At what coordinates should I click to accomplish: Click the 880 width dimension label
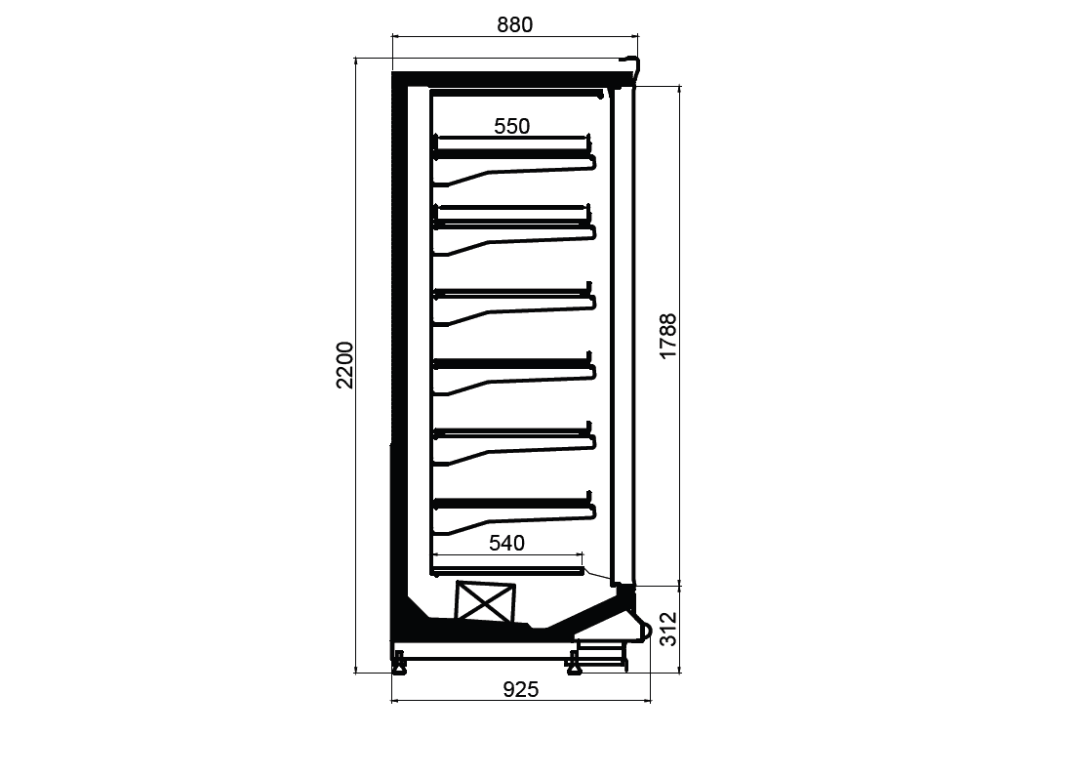point(514,25)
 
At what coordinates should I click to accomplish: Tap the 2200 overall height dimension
point(344,365)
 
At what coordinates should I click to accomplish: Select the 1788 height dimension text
point(667,336)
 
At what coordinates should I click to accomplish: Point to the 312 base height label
point(667,630)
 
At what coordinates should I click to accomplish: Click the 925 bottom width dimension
point(520,689)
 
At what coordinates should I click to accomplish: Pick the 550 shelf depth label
point(512,126)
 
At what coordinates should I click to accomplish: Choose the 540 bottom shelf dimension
point(506,543)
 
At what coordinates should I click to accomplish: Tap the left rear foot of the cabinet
point(399,663)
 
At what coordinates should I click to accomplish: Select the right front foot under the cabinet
point(574,663)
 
